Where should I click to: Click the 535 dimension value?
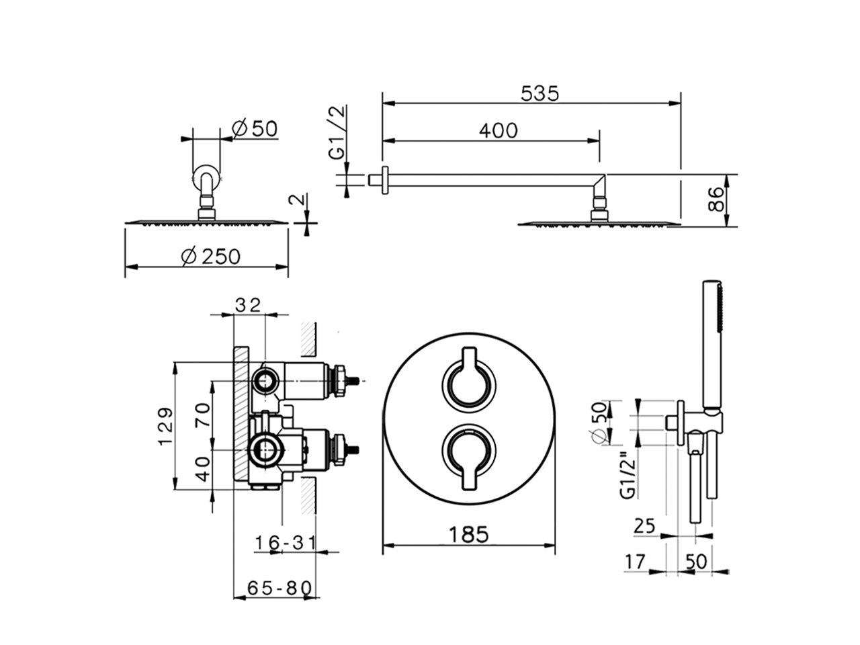pyautogui.click(x=540, y=93)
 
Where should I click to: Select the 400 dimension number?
pyautogui.click(x=498, y=130)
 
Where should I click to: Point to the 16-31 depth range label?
pyautogui.click(x=285, y=542)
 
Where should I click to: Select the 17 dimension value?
pyautogui.click(x=634, y=562)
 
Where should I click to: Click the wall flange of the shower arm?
pyautogui.click(x=385, y=180)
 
